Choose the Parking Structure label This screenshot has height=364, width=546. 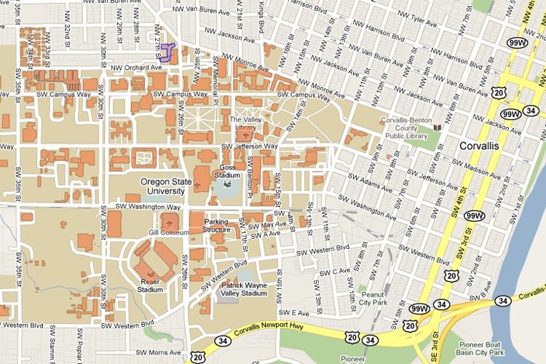(216, 226)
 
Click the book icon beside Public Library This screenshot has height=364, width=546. (438, 128)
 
